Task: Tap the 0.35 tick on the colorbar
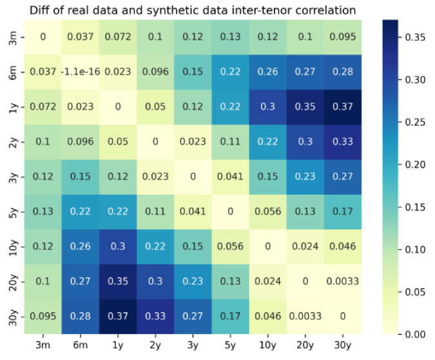(x=415, y=37)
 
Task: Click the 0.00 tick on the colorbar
(x=415, y=334)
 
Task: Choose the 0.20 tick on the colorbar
(x=415, y=164)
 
